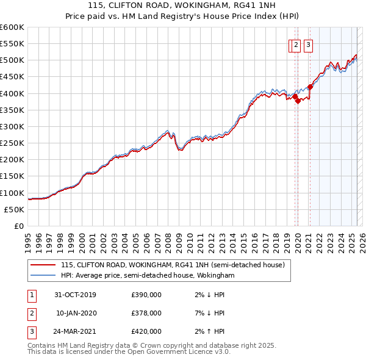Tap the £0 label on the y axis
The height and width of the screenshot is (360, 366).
tap(20, 226)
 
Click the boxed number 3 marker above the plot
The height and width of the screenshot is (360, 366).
tap(308, 44)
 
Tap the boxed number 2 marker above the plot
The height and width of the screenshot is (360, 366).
tap(296, 44)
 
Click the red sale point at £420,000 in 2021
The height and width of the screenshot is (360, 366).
tap(310, 87)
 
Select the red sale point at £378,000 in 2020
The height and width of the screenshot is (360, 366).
tap(298, 101)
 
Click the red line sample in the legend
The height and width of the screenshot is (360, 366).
tap(43, 265)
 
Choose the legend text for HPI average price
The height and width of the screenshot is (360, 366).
tap(148, 275)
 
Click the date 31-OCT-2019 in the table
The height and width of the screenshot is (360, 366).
tap(76, 295)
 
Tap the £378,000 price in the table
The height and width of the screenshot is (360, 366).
tap(146, 313)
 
